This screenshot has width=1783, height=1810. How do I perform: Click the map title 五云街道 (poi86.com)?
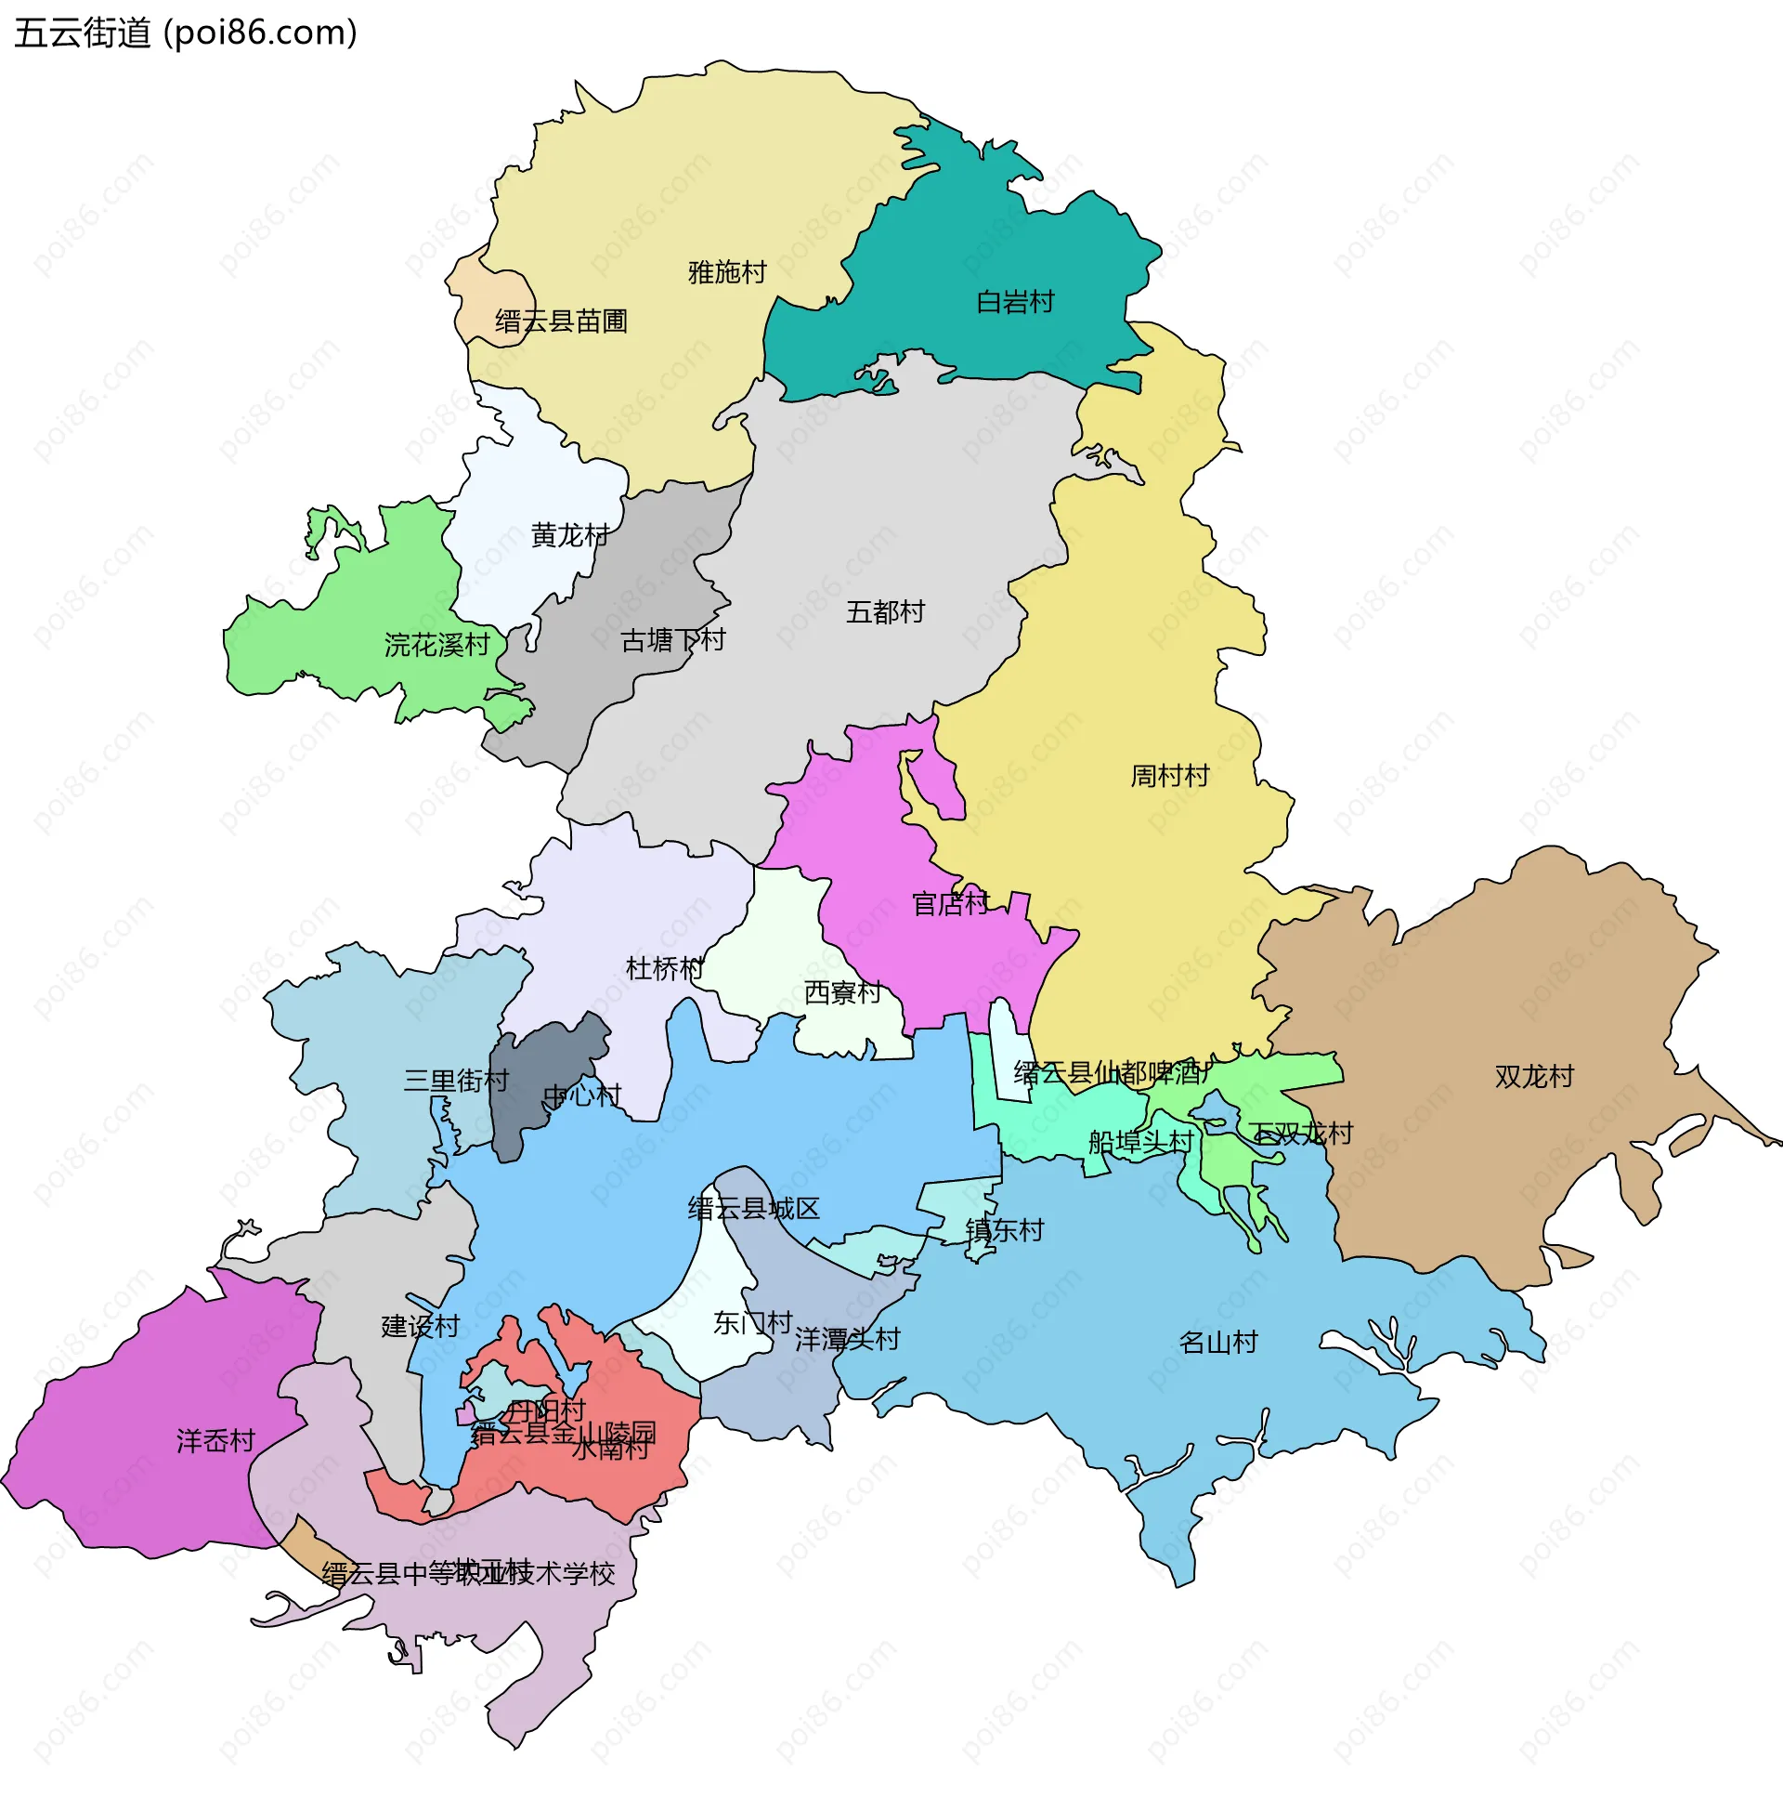click(x=186, y=33)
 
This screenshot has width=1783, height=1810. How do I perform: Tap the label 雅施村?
click(x=727, y=272)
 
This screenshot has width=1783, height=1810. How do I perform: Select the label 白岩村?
click(x=1015, y=302)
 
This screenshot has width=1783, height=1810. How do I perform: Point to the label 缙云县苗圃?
click(x=561, y=321)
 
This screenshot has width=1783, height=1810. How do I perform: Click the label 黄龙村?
click(x=569, y=535)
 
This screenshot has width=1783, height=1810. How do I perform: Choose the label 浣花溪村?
click(x=437, y=645)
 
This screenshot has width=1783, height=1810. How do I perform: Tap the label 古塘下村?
click(x=673, y=641)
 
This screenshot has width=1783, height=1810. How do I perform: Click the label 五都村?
click(x=885, y=611)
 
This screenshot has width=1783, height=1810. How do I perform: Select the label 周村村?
click(x=1169, y=776)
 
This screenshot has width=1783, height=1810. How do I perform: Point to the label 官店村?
click(x=951, y=904)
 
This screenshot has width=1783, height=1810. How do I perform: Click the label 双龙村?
click(x=1534, y=1077)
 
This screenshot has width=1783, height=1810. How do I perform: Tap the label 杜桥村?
click(x=664, y=969)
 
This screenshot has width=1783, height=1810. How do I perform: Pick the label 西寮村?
click(x=842, y=992)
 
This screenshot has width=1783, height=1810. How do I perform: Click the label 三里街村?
click(x=456, y=1082)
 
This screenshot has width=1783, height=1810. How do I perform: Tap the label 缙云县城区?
click(x=754, y=1209)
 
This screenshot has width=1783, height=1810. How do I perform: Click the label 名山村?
click(x=1217, y=1343)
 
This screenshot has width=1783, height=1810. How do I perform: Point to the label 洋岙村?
click(x=215, y=1441)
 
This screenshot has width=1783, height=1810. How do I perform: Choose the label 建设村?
click(x=421, y=1327)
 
